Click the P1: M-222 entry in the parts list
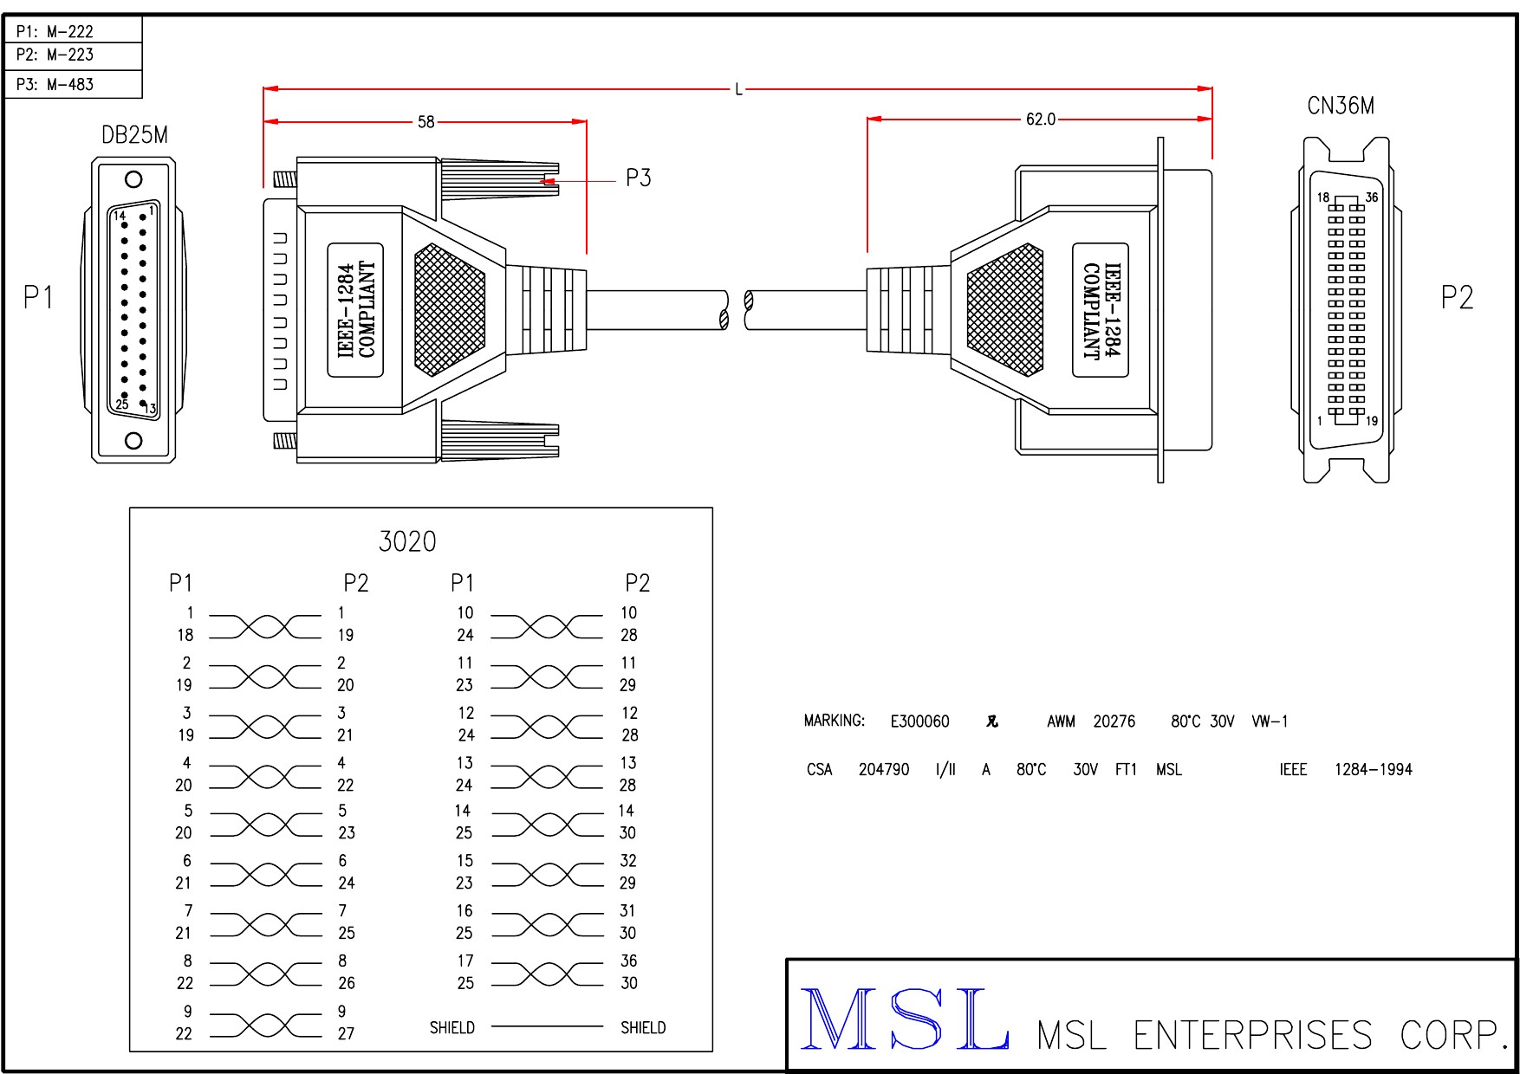click(55, 32)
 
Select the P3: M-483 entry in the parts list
click(55, 85)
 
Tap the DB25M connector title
click(134, 135)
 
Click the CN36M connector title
click(1340, 107)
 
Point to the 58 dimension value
click(425, 122)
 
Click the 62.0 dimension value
click(1040, 120)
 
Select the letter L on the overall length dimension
click(738, 89)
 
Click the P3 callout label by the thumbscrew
click(638, 178)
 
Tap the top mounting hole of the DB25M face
click(133, 179)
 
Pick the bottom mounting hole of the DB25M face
click(133, 441)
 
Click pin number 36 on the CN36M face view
click(1371, 197)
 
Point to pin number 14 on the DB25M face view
click(120, 216)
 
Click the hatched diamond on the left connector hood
click(450, 309)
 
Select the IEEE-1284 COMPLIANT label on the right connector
click(1101, 310)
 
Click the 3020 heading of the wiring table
click(407, 542)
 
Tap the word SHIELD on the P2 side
click(642, 1028)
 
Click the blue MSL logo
click(904, 1019)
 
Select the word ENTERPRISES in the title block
click(1252, 1036)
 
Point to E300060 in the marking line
click(919, 721)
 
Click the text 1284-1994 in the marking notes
click(1373, 769)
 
